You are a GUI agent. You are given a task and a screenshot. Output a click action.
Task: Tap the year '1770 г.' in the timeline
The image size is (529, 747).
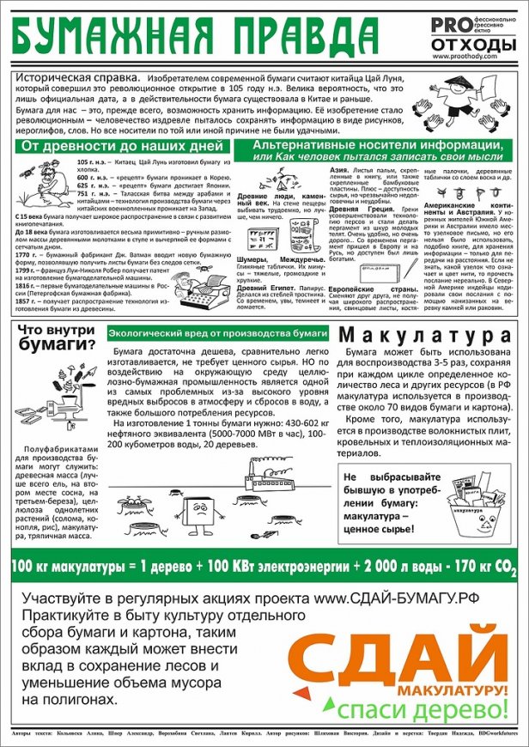click(x=29, y=253)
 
